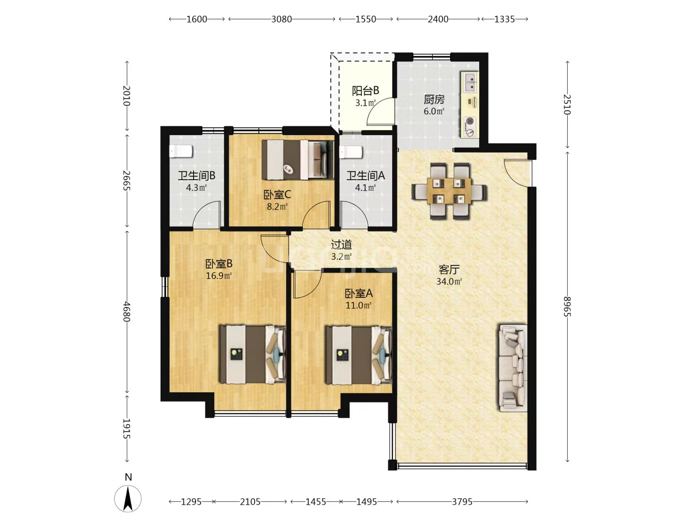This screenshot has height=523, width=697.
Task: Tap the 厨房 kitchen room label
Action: (434, 99)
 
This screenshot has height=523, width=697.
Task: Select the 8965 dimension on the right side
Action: (567, 307)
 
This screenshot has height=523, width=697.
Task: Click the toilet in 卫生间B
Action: (181, 151)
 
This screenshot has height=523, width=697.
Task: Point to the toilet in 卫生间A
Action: (351, 152)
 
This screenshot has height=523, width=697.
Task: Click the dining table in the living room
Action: (449, 191)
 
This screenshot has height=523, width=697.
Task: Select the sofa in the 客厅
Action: (513, 368)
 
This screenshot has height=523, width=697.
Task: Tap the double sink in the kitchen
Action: (470, 82)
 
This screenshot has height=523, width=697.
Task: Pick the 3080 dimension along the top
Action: (281, 19)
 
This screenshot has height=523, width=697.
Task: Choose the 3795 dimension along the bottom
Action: (462, 502)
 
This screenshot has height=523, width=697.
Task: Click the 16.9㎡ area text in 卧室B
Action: (218, 276)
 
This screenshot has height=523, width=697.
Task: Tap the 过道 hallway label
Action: (341, 245)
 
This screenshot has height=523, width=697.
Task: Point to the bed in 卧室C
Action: (298, 160)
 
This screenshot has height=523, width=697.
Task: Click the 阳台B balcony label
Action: (365, 91)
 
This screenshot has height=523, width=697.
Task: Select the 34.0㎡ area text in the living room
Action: (449, 281)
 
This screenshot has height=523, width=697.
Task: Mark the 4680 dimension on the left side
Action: (127, 311)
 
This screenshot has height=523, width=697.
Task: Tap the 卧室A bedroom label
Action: (359, 293)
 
